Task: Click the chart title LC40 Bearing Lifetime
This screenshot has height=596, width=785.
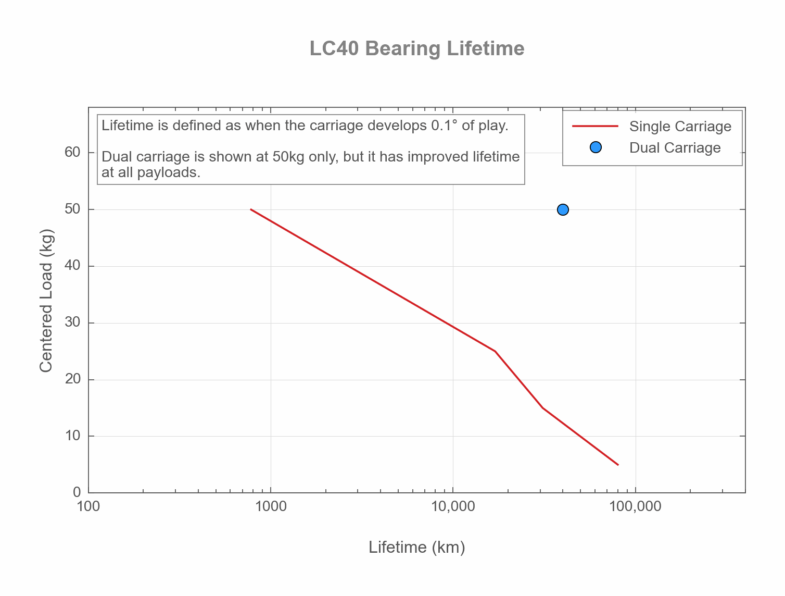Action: [416, 48]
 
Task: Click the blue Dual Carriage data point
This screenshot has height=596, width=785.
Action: [563, 209]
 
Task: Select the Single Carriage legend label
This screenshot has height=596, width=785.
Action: [680, 127]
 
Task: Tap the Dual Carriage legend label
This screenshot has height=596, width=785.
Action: [675, 148]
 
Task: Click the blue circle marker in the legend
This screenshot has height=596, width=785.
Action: [596, 147]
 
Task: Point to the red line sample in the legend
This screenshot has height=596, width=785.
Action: [595, 126]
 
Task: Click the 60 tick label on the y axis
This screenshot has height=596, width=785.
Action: [72, 152]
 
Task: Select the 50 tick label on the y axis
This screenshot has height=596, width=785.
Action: [72, 209]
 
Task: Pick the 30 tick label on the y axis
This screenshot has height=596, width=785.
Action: [72, 322]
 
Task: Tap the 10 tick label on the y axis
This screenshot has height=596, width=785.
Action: [72, 436]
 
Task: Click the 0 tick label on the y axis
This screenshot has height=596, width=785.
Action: [77, 492]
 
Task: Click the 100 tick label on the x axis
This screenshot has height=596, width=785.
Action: [88, 507]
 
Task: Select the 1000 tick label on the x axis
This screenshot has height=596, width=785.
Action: [270, 507]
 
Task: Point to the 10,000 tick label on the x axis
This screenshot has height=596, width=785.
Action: [453, 507]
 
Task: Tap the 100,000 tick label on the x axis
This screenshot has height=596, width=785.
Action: [635, 507]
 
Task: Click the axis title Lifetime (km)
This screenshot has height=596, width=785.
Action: [416, 547]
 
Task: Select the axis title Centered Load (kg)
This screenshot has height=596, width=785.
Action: [46, 301]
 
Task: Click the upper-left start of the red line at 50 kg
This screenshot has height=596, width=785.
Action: [251, 209]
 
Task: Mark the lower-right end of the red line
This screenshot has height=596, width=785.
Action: [618, 464]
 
